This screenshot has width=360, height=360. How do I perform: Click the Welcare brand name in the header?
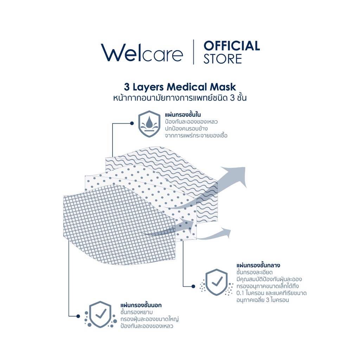pos(142,53)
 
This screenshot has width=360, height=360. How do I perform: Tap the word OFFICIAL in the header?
pos(232,46)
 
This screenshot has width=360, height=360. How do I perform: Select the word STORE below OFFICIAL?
pos(223,59)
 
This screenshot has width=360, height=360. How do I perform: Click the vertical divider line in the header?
pos(194,52)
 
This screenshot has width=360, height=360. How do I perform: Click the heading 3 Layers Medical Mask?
pos(180,87)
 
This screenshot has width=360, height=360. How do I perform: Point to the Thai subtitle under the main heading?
pos(180,98)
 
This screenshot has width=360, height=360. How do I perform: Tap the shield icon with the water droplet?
pos(149,124)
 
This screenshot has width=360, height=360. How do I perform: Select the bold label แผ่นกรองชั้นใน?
pos(183,114)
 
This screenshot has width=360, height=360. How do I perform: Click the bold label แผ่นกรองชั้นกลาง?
pos(258,265)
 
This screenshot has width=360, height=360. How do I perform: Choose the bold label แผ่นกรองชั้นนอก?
pos(141,305)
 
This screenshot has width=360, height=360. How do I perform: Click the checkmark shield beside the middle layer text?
pos(216,282)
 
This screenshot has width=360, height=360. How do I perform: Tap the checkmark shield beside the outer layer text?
pos(100,314)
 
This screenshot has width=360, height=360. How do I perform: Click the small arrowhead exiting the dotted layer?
pos(226,233)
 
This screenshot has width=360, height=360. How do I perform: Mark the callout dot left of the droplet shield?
pos(132,123)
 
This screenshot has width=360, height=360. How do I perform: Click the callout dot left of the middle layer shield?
pos(193,286)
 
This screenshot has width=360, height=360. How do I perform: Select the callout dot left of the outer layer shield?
pos(78,316)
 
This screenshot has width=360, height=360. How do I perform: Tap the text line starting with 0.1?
pos(271,293)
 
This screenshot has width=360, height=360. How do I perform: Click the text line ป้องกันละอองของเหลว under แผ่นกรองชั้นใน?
pos(191,121)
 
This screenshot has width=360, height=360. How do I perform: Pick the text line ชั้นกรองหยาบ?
pos(137,312)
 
